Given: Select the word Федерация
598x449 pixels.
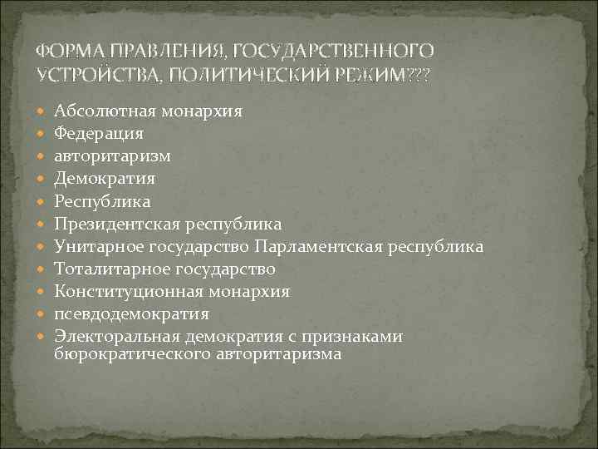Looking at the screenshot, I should point(99,133).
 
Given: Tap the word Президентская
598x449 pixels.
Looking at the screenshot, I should point(115,224).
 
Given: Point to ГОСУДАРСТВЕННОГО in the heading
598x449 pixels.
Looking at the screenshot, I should point(336,52).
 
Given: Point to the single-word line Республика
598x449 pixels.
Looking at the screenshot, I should point(102,201).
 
